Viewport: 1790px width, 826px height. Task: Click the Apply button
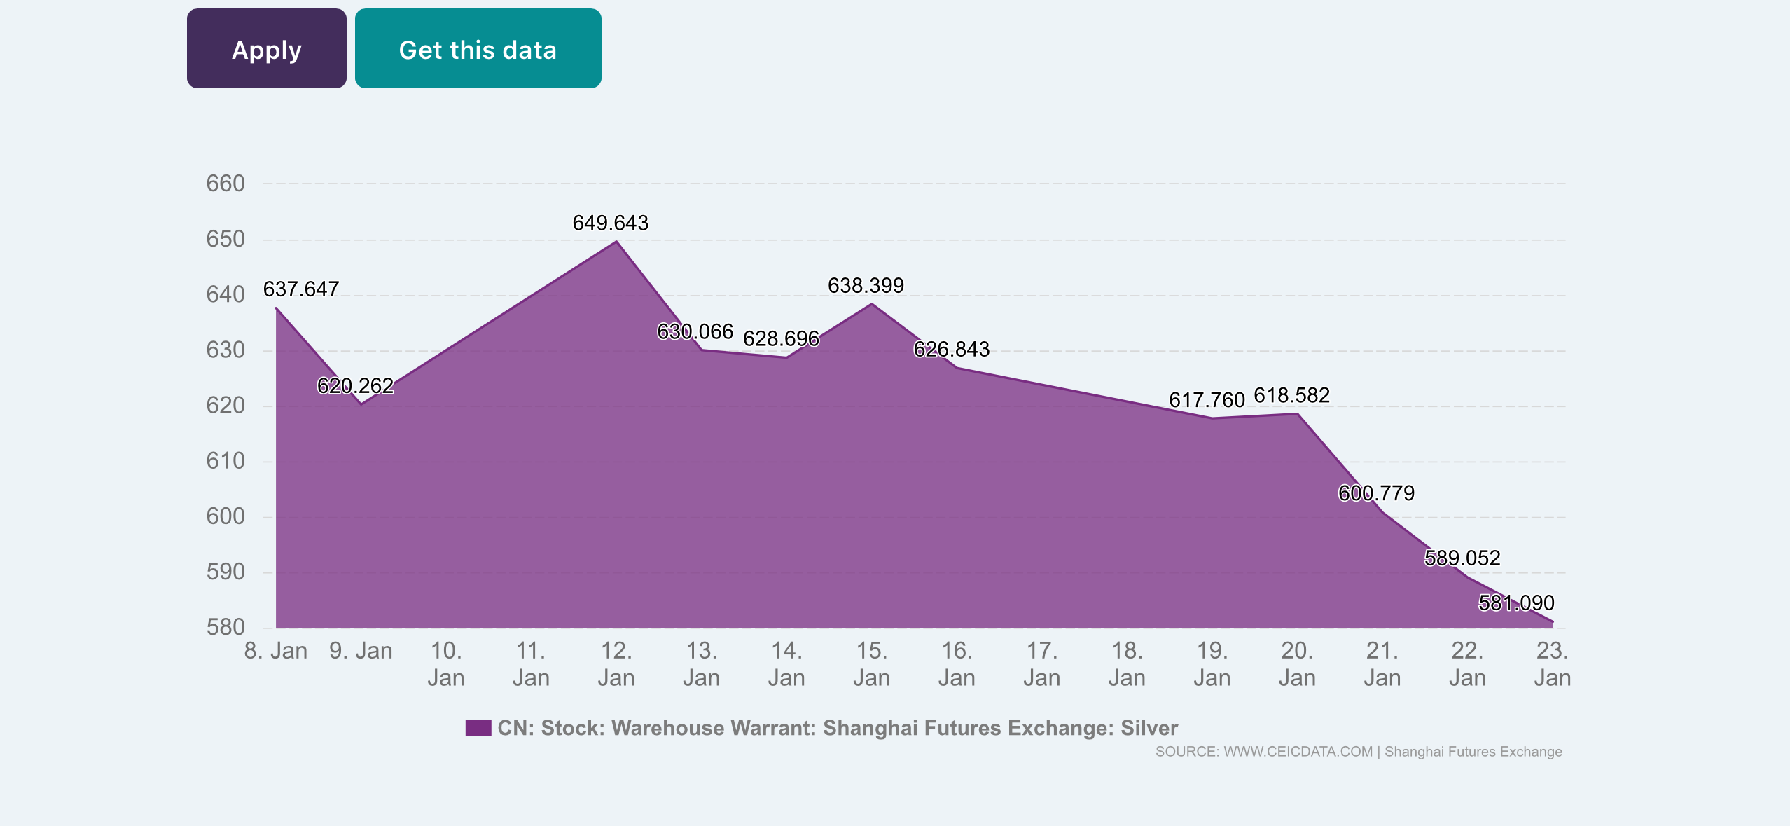point(266,49)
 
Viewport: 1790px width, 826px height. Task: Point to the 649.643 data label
point(610,223)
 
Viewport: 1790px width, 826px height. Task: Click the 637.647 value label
point(300,289)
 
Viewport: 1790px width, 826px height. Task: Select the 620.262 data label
point(355,386)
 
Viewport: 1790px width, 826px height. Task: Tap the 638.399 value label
point(866,286)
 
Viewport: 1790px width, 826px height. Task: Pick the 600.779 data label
point(1376,493)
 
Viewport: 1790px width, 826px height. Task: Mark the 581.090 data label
point(1516,603)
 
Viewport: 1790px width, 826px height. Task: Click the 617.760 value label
point(1207,400)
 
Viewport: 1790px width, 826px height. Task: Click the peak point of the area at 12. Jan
point(616,241)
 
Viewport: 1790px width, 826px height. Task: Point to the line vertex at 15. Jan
point(871,303)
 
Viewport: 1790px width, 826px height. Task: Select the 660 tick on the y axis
point(226,184)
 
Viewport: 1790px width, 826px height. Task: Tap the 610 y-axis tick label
point(226,461)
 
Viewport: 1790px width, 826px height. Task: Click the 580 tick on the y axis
point(226,627)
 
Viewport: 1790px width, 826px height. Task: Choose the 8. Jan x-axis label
point(275,651)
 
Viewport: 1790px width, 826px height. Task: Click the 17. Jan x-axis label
point(1041,664)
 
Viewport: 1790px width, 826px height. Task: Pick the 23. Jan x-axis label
point(1552,664)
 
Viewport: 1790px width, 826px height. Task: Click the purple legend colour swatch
point(478,728)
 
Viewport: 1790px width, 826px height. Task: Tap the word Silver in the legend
point(1149,728)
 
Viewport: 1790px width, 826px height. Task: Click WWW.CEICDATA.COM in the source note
point(1298,752)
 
